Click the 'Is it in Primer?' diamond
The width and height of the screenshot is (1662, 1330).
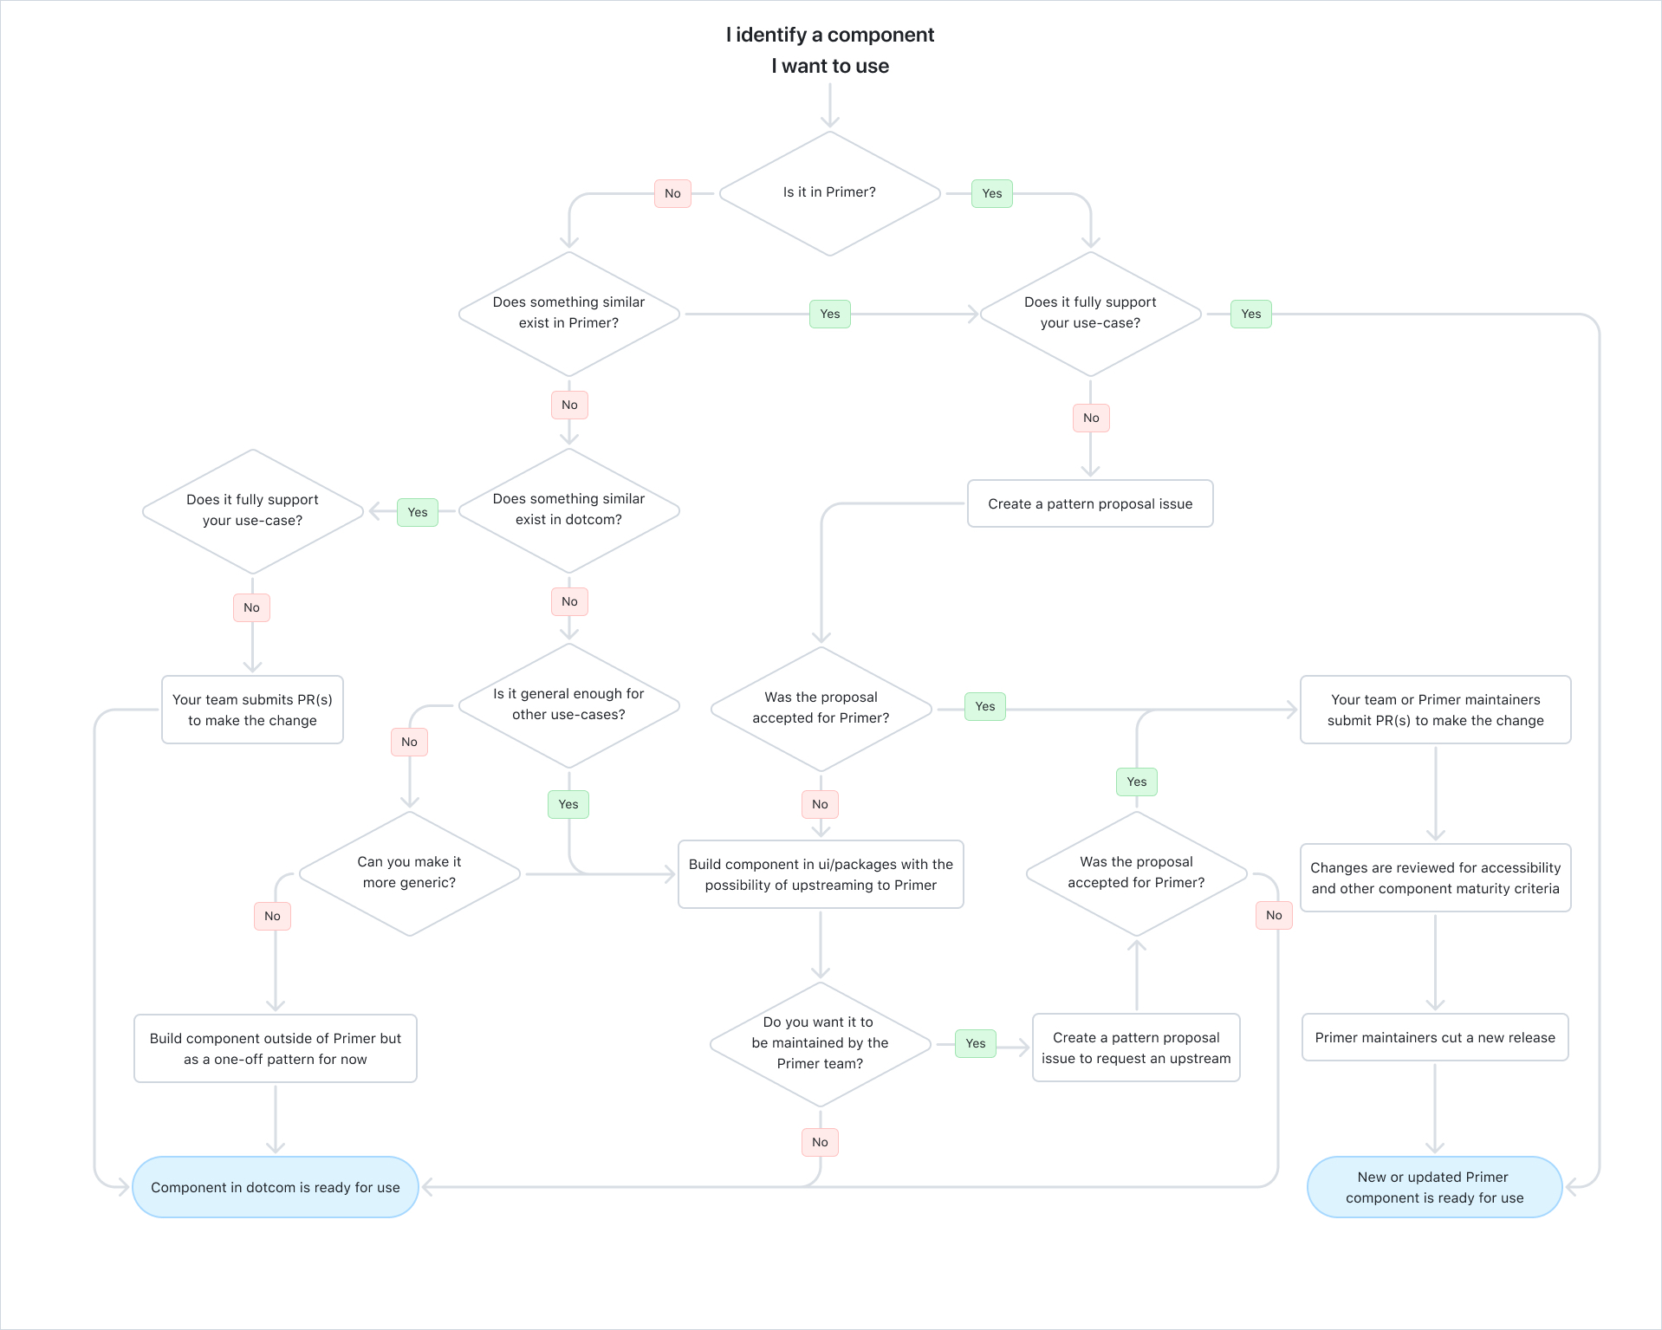pos(829,193)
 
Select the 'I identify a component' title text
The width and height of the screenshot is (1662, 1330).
pos(829,35)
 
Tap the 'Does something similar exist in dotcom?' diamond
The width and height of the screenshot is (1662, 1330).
pos(568,510)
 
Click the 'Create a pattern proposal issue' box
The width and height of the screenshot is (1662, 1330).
pos(1090,503)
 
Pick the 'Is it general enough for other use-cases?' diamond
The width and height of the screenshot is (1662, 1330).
pos(568,704)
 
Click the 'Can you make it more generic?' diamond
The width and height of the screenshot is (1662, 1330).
pos(409,873)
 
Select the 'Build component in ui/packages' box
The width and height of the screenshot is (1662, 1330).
pos(821,874)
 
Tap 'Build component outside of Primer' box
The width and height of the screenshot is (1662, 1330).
pos(276,1048)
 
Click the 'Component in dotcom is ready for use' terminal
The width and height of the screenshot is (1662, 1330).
pos(276,1187)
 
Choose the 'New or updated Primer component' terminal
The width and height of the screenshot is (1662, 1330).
pos(1434,1187)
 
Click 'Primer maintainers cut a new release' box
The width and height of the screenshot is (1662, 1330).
pos(1435,1037)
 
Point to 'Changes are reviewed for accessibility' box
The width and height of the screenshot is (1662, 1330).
pos(1435,878)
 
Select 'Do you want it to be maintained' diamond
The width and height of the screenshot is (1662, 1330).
pos(820,1043)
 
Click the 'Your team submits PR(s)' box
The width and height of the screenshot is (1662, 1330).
pos(252,710)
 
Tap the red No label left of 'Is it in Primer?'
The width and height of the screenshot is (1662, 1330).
pos(672,193)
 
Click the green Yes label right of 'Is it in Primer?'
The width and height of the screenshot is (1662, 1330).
pos(992,193)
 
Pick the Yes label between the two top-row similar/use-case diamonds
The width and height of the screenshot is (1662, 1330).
pos(830,314)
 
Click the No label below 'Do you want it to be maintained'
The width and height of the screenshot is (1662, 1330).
pos(820,1142)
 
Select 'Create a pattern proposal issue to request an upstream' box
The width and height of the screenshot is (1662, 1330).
pos(1136,1048)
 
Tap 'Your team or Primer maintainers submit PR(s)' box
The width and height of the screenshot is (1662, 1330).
pos(1435,710)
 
